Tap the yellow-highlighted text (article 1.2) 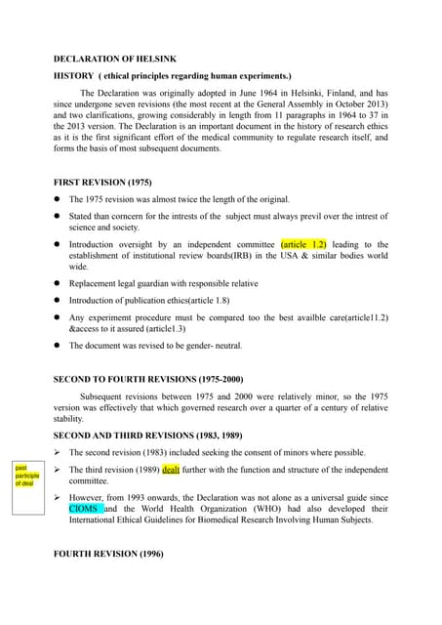click(303, 244)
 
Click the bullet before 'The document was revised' click(59, 346)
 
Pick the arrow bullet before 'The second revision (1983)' click(59, 452)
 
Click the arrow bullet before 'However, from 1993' click(59, 497)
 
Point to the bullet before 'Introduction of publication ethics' click(59, 301)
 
